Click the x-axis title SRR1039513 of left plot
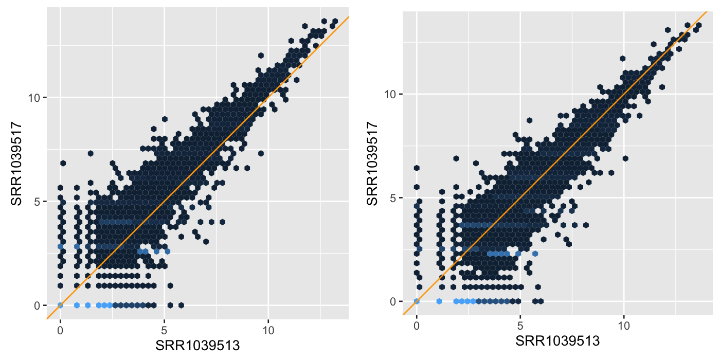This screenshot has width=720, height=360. click(198, 345)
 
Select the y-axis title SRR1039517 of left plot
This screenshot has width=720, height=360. click(16, 164)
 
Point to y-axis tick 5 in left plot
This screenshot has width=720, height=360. click(37, 201)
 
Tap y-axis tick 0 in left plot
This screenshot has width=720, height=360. click(37, 305)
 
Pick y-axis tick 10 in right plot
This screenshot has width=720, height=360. click(391, 94)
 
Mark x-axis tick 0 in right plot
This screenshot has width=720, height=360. click(417, 326)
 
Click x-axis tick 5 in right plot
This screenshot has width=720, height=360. click(520, 326)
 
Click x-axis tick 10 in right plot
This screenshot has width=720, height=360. click(624, 326)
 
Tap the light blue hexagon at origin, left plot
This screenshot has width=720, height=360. click(60, 305)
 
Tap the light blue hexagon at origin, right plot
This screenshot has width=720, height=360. click(417, 301)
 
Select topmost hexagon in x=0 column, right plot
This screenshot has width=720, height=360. click(417, 168)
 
